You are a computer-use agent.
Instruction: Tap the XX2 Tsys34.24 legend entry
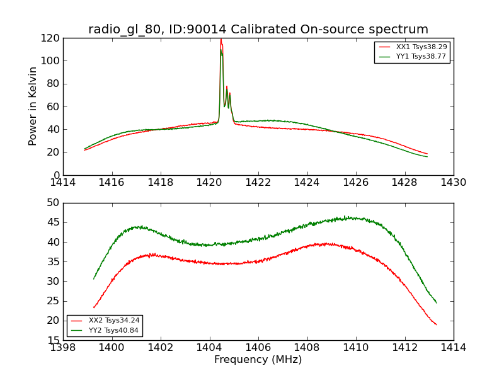coord(105,321)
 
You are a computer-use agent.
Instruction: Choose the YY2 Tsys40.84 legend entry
coord(105,330)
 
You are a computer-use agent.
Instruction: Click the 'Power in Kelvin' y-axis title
coord(33,106)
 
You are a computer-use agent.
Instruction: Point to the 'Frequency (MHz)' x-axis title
coord(258,360)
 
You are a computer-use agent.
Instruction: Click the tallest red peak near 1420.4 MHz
coord(220,40)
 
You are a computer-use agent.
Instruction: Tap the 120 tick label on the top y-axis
coord(52,38)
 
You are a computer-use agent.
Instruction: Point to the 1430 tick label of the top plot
coord(453,183)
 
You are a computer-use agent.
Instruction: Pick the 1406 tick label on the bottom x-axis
coord(258,348)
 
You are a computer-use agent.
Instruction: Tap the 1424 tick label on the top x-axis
coord(307,183)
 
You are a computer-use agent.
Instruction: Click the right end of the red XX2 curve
coord(437,324)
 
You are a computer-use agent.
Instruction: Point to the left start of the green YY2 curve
coord(94,278)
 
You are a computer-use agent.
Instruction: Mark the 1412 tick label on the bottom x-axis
coord(404,348)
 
